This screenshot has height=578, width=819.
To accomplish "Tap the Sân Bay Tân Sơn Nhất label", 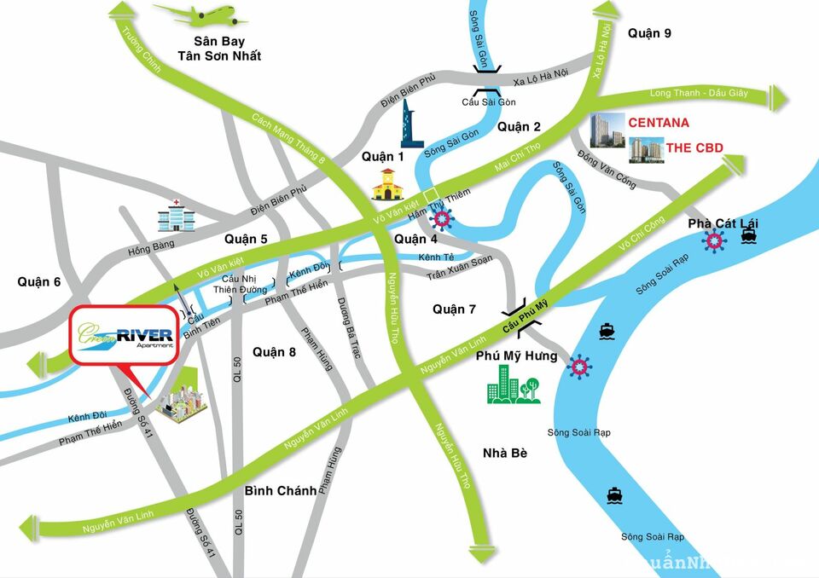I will pos(218,48).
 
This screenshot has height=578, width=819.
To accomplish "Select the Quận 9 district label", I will pos(649,33).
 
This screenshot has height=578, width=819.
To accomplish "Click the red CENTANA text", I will pos(659,123).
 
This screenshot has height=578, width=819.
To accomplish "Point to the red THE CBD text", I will pos(694,148).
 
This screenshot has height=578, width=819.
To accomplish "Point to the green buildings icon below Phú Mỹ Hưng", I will pos(513,384).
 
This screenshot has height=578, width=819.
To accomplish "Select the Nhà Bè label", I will pos(504,453).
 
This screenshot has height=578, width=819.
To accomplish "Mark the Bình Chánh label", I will pos(280,490).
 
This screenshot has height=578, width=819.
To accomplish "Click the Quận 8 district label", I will pos(274,351).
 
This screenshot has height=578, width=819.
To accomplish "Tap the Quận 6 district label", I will pos(38,281).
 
